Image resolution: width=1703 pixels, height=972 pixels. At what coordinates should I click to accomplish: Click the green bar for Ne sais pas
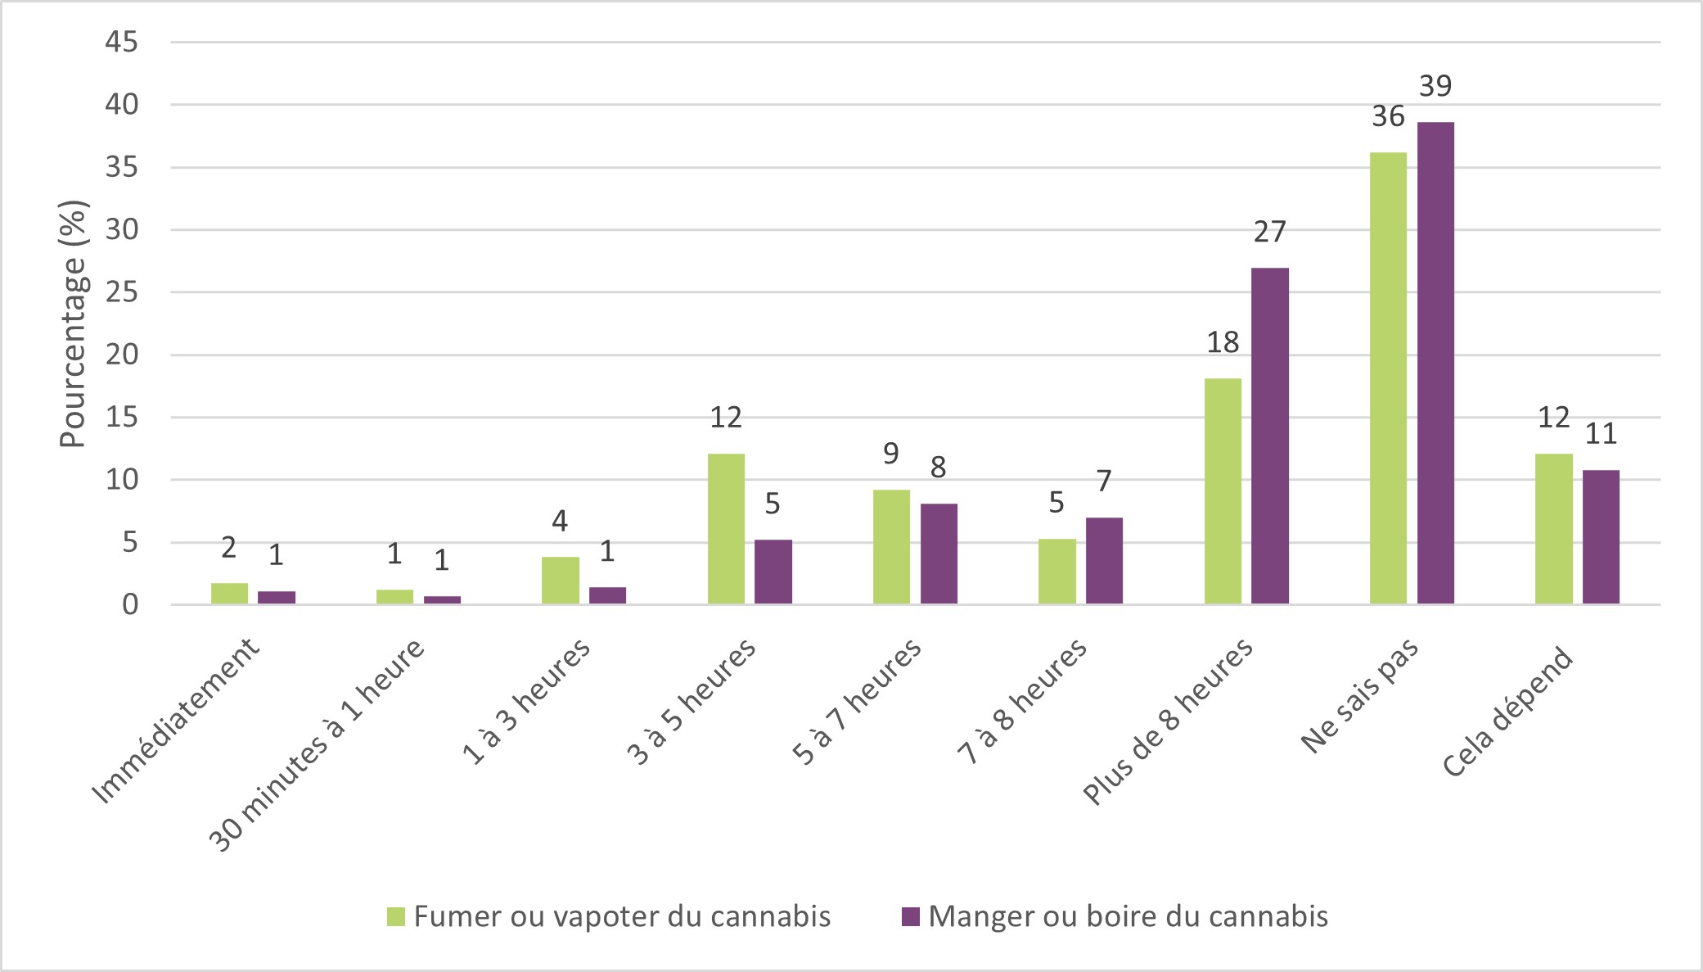(1388, 378)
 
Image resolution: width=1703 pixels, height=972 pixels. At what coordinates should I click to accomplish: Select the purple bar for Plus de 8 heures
(1270, 436)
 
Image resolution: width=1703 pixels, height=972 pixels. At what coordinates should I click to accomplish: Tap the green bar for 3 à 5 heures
(726, 529)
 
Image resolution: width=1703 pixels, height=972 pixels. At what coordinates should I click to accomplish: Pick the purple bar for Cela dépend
(1601, 537)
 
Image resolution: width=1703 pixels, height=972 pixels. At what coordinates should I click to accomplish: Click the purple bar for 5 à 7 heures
(939, 554)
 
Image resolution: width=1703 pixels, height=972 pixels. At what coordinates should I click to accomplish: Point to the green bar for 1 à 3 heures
(560, 581)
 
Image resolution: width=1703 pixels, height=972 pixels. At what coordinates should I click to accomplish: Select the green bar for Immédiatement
(229, 594)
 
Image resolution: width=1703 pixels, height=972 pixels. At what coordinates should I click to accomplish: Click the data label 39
(1435, 86)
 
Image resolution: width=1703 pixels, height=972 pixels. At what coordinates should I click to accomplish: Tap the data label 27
(1270, 233)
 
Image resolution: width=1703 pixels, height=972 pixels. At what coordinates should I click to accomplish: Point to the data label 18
(1223, 342)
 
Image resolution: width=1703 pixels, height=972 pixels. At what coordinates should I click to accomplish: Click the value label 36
(1388, 117)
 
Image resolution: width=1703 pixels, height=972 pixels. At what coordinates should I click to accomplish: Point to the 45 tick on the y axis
(122, 42)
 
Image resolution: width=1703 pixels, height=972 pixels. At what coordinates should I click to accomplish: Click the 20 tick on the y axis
(122, 355)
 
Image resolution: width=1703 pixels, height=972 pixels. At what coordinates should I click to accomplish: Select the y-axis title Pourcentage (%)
(73, 324)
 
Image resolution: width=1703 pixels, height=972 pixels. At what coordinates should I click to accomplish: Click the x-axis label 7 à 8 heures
(1023, 701)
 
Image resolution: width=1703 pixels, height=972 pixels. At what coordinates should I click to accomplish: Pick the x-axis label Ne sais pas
(1360, 694)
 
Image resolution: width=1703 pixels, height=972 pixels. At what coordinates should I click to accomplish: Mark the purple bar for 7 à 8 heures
(1104, 561)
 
